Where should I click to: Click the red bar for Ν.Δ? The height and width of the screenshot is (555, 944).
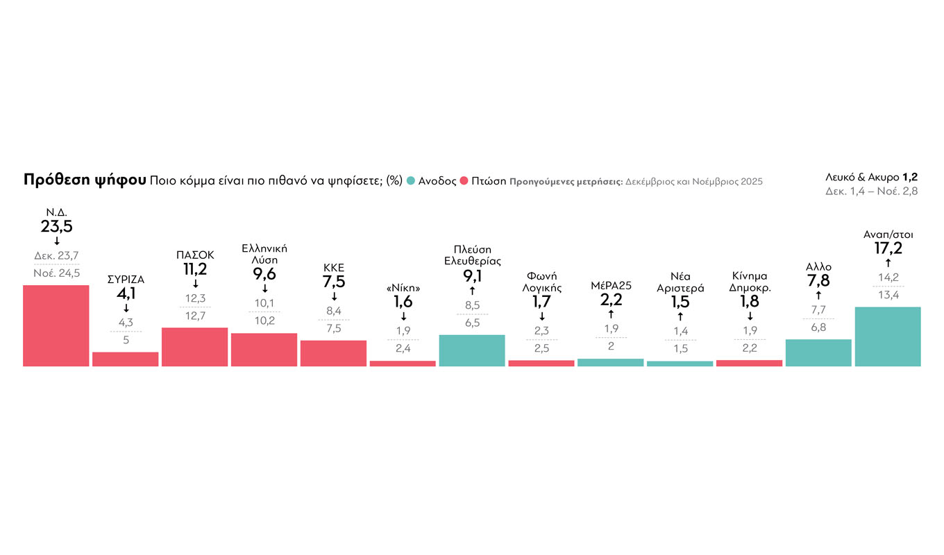[56, 325]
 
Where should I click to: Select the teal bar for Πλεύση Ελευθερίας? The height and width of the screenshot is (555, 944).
[472, 350]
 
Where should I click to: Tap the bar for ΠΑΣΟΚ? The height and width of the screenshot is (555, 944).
[195, 347]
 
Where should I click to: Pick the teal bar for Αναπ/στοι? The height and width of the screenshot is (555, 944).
[888, 336]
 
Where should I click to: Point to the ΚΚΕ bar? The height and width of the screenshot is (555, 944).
[333, 353]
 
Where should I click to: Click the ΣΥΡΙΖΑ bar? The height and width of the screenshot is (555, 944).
[126, 359]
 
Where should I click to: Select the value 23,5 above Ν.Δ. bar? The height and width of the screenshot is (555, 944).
[56, 226]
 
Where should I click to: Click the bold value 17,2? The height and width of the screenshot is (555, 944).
[888, 248]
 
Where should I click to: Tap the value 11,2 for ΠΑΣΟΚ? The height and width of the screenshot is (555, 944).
[195, 269]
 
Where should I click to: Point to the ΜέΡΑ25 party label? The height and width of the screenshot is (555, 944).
[611, 284]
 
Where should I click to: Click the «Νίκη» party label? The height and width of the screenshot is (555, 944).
[403, 289]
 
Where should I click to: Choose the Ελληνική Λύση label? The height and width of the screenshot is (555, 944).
[264, 254]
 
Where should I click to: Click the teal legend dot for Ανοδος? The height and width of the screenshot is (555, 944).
[411, 181]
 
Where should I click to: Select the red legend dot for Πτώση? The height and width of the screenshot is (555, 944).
[464, 181]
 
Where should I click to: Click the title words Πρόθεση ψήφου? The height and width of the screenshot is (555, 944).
[84, 180]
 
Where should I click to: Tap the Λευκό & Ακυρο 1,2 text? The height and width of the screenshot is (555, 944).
[872, 177]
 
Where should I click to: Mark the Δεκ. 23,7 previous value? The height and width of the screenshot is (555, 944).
[56, 256]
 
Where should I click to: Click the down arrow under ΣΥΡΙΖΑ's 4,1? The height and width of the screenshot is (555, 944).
[126, 308]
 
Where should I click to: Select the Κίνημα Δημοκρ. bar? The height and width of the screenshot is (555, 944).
[749, 363]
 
